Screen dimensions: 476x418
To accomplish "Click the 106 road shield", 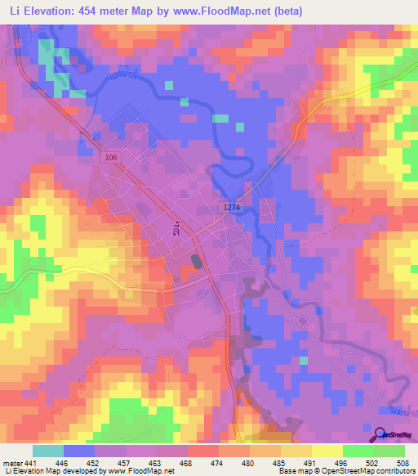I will (x=112, y=155).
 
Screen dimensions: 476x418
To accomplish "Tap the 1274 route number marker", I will (x=232, y=209).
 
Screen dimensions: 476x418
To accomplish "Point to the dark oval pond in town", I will (x=197, y=262).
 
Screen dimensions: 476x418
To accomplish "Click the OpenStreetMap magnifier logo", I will (x=380, y=434).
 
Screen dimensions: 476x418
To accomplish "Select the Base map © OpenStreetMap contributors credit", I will (x=345, y=470).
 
